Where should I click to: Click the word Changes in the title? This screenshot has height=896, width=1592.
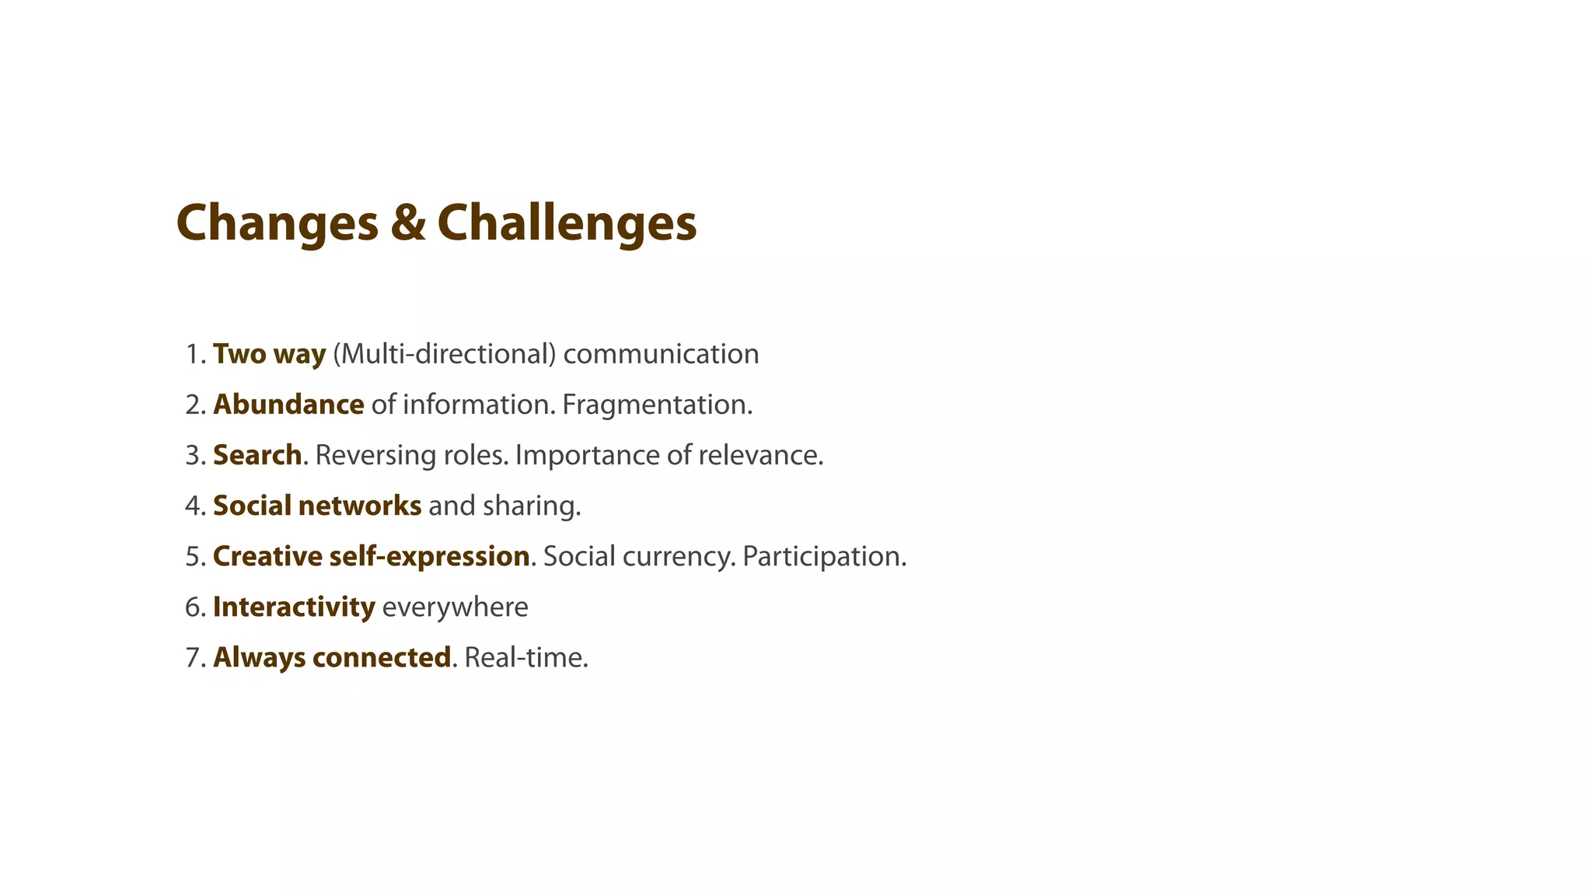point(277,223)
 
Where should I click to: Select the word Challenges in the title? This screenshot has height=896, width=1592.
point(567,223)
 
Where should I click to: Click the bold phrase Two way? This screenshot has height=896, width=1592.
point(269,354)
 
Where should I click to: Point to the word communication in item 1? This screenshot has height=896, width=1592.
point(661,354)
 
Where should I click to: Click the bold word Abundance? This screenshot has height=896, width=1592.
point(288,404)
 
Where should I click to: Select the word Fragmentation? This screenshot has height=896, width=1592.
point(657,404)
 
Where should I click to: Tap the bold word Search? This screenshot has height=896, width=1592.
point(257,455)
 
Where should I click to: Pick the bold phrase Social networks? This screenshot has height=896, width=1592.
point(317,506)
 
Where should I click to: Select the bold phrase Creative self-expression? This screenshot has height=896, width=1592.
point(371,556)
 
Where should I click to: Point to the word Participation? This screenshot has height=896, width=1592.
point(824,556)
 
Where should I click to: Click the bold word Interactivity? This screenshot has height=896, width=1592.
point(294,607)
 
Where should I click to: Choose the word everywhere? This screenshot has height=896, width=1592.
point(455,607)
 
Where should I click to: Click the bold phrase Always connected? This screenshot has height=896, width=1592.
point(332,657)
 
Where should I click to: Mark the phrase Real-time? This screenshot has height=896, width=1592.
point(526,657)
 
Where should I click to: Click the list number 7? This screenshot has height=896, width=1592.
point(193,657)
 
